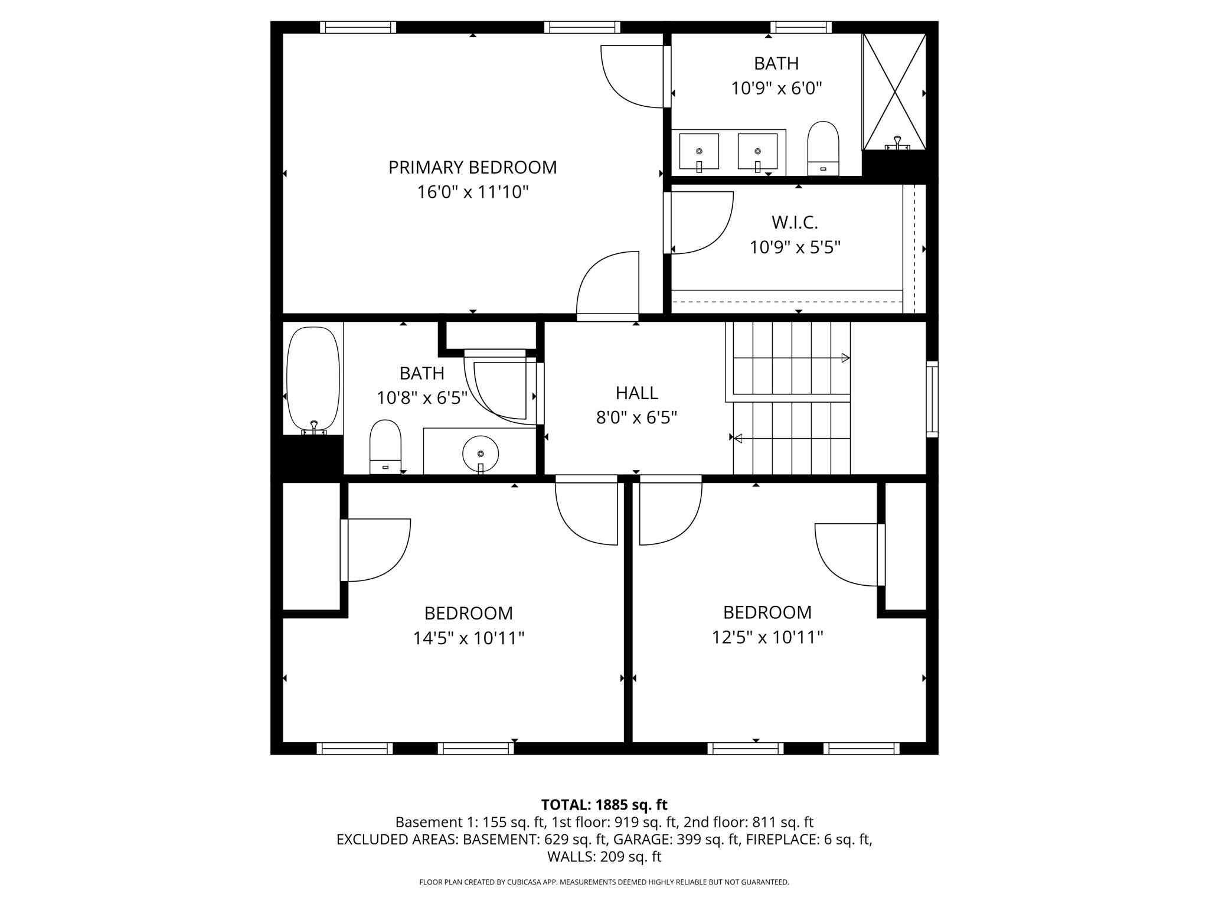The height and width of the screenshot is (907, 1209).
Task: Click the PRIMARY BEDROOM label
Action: click(472, 168)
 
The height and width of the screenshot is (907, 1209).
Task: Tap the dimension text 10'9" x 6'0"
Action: click(776, 89)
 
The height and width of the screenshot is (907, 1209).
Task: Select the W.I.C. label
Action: click(795, 223)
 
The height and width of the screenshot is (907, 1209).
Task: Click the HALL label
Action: click(636, 393)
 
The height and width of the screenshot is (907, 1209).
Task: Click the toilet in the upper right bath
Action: click(823, 148)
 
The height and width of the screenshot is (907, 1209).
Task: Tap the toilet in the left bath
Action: click(385, 446)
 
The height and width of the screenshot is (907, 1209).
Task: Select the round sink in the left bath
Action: click(481, 453)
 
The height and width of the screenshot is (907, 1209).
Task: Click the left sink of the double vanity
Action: click(699, 151)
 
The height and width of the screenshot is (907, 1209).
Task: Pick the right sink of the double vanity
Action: click(757, 151)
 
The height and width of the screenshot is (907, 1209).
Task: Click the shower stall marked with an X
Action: click(894, 92)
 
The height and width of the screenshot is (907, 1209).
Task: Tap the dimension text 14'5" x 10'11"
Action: click(469, 638)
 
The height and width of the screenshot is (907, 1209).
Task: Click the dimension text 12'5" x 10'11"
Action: click(767, 638)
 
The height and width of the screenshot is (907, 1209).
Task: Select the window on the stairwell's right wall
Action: click(932, 399)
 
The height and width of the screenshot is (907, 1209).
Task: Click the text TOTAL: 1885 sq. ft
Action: click(604, 805)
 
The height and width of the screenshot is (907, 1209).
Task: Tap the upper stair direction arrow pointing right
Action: click(845, 358)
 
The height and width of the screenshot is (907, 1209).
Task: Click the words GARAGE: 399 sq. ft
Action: click(677, 839)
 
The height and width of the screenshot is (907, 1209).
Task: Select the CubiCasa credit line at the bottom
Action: click(604, 882)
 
